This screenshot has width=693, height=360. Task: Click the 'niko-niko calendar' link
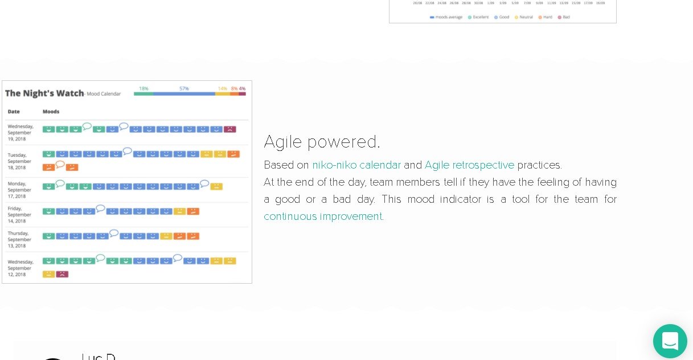[x=356, y=165]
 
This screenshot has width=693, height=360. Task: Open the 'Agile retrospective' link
[x=469, y=165]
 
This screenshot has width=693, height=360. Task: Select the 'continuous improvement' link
[x=323, y=216]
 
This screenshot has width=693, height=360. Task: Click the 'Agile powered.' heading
[x=322, y=142]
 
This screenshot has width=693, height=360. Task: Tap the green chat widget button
[x=670, y=341]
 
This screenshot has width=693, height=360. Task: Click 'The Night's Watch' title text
[x=44, y=93]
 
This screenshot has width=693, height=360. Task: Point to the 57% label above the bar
[x=184, y=88]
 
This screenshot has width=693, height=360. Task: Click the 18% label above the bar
[x=143, y=88]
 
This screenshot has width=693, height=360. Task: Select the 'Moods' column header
[x=51, y=112]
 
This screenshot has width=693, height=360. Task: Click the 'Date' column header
[x=14, y=112]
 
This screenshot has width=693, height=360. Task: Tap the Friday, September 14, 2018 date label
[x=17, y=215]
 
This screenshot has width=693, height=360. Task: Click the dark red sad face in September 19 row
[x=229, y=129]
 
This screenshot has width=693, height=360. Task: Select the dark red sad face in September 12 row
[x=62, y=274]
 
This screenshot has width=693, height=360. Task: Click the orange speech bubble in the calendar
[x=60, y=164]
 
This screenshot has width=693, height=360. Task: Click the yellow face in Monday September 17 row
[x=216, y=186]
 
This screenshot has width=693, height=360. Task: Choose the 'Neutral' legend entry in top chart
[x=523, y=17]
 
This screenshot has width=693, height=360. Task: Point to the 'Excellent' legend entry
[x=478, y=17]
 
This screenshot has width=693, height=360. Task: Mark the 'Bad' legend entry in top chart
[x=564, y=17]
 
